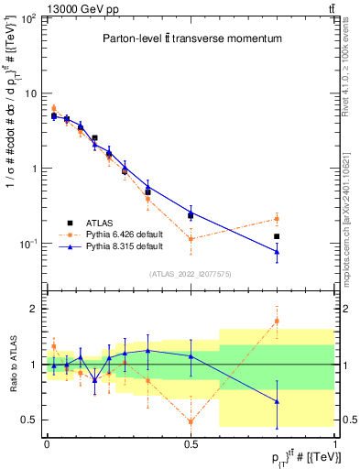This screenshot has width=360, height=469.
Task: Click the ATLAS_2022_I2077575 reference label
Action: (x=191, y=274)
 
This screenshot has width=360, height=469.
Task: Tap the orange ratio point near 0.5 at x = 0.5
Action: (x=191, y=421)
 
